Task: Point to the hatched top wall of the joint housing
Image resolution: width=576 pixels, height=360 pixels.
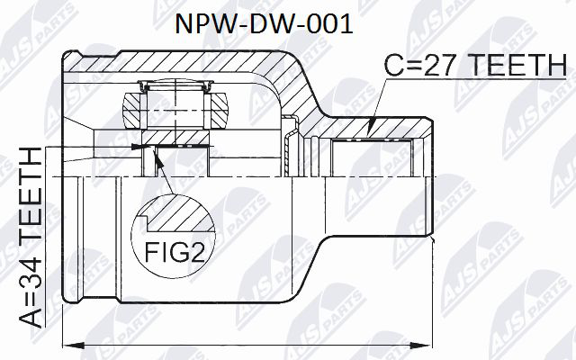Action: (180, 63)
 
